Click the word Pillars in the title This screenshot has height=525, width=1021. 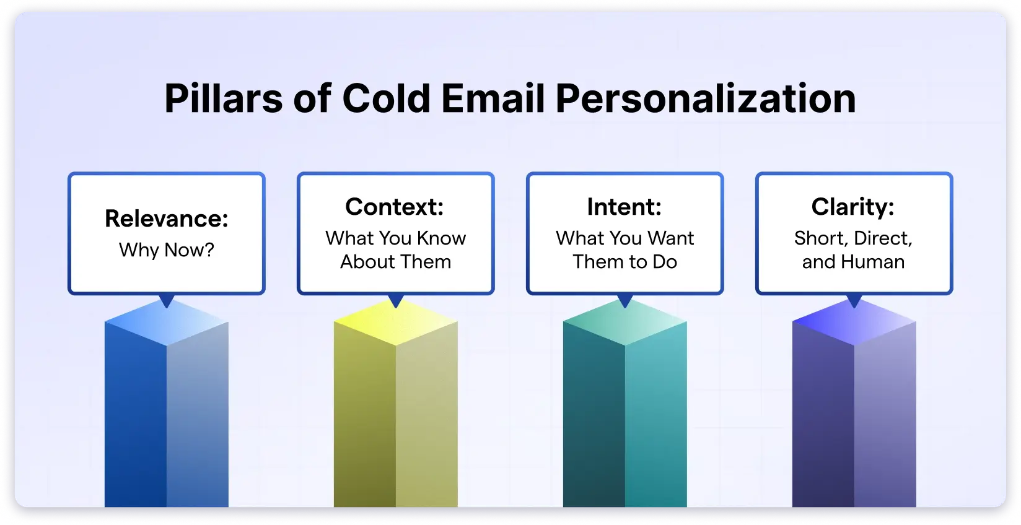click(223, 99)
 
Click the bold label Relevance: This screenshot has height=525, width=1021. click(167, 219)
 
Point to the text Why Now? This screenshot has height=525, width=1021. click(167, 250)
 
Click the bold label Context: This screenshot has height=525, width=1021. click(395, 207)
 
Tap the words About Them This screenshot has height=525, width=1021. click(395, 262)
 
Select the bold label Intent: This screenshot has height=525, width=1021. click(624, 207)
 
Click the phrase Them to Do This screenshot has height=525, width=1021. click(624, 262)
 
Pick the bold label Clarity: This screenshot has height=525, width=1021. click(853, 207)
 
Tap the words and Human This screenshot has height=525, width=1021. click(853, 262)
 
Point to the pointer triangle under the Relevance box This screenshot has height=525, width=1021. click(167, 300)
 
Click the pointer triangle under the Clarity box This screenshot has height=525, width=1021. click(854, 300)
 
